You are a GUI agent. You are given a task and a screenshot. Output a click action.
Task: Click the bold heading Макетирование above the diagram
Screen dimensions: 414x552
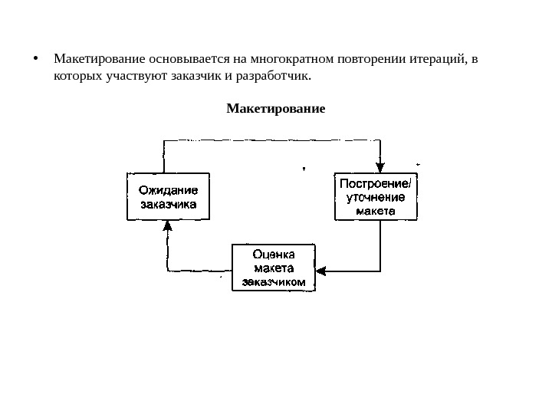276,108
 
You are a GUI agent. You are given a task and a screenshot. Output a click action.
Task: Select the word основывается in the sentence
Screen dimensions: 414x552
185,59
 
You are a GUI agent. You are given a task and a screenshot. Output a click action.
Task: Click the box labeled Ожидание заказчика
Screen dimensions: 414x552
167,197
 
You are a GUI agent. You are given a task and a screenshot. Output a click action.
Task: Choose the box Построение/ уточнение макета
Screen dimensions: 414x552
376,197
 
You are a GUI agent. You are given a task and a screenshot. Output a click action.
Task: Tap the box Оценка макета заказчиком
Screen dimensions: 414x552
274,266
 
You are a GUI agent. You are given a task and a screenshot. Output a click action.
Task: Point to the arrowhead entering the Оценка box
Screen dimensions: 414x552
321,270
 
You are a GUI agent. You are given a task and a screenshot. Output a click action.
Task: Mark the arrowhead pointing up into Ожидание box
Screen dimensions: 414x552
167,227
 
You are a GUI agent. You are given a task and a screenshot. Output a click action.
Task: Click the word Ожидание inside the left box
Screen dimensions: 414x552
167,189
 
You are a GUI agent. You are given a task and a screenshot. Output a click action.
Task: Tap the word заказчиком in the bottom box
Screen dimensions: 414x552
274,281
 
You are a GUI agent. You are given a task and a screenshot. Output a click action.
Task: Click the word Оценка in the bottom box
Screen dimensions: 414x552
274,254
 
